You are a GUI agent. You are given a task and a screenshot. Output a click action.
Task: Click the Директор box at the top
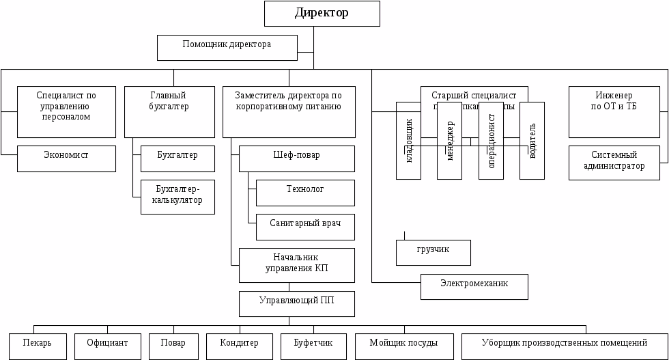click(x=322, y=14)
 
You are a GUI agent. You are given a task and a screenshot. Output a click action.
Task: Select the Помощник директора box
click(x=227, y=47)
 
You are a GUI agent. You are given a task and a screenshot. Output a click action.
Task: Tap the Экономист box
click(x=66, y=158)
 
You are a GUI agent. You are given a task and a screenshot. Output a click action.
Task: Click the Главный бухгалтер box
click(x=169, y=111)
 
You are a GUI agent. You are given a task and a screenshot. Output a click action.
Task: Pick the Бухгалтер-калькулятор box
click(x=177, y=196)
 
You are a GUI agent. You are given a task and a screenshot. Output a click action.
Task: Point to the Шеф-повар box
click(x=296, y=158)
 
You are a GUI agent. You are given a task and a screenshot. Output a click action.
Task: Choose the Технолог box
click(x=305, y=193)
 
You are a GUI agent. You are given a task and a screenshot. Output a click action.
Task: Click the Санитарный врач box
click(x=305, y=227)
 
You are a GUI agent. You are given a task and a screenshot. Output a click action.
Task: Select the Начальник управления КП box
click(x=296, y=265)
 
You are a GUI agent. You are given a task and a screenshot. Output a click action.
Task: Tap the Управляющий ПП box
click(x=296, y=304)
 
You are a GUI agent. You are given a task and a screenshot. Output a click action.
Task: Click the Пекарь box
click(x=39, y=346)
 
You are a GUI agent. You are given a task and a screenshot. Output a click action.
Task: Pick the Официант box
click(x=107, y=346)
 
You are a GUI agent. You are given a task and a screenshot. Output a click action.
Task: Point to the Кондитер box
click(x=239, y=346)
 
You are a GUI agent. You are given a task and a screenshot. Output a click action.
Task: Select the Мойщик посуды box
click(x=403, y=346)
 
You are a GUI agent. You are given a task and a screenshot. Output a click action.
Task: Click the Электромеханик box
click(x=474, y=286)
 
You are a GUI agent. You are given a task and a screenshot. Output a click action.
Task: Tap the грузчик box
click(x=433, y=252)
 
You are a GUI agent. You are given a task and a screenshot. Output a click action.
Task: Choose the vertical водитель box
click(x=532, y=141)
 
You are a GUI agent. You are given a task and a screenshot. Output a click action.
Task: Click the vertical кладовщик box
click(x=408, y=141)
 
